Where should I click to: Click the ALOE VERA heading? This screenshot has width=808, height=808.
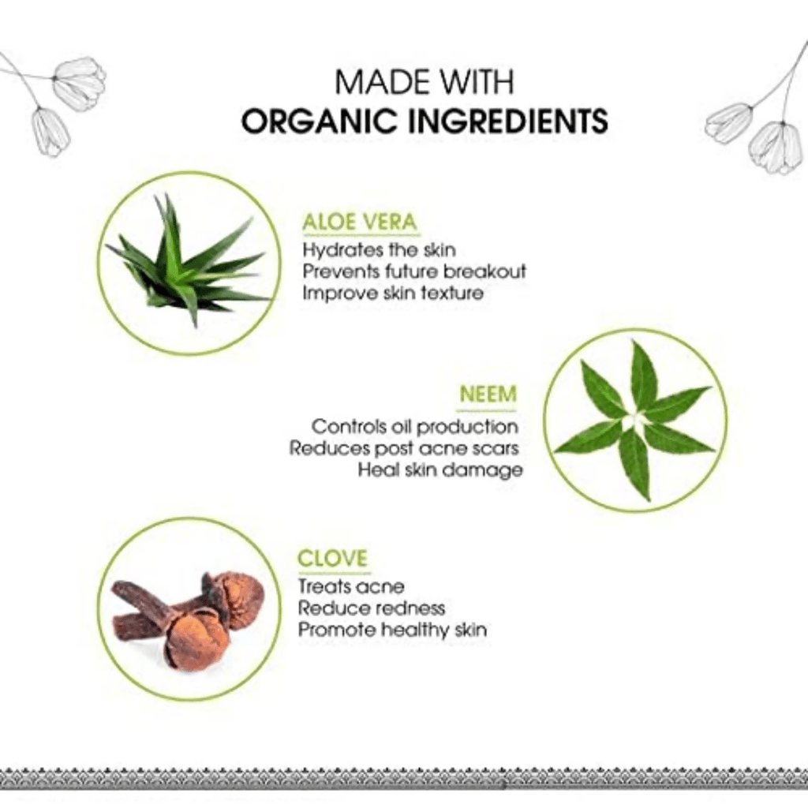tap(359, 222)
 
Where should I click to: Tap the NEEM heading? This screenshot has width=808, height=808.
tap(488, 395)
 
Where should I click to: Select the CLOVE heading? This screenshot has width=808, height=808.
tap(333, 559)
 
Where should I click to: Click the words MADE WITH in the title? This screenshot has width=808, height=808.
tap(425, 81)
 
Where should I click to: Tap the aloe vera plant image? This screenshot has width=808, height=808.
tap(189, 260)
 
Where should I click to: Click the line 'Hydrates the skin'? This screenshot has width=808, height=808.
tap(380, 250)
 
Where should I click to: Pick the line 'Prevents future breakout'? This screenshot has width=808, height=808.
tap(414, 271)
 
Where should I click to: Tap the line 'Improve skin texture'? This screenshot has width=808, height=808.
tap(393, 294)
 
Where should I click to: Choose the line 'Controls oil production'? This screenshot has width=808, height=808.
tap(415, 427)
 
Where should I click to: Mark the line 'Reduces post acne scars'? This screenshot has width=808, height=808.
tap(404, 448)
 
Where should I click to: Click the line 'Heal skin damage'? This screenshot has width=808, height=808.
tap(440, 470)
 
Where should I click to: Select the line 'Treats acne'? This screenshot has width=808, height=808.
tap(351, 586)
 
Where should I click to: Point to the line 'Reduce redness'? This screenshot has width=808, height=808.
tap(372, 608)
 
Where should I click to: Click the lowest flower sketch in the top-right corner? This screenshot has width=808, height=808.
tap(776, 148)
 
